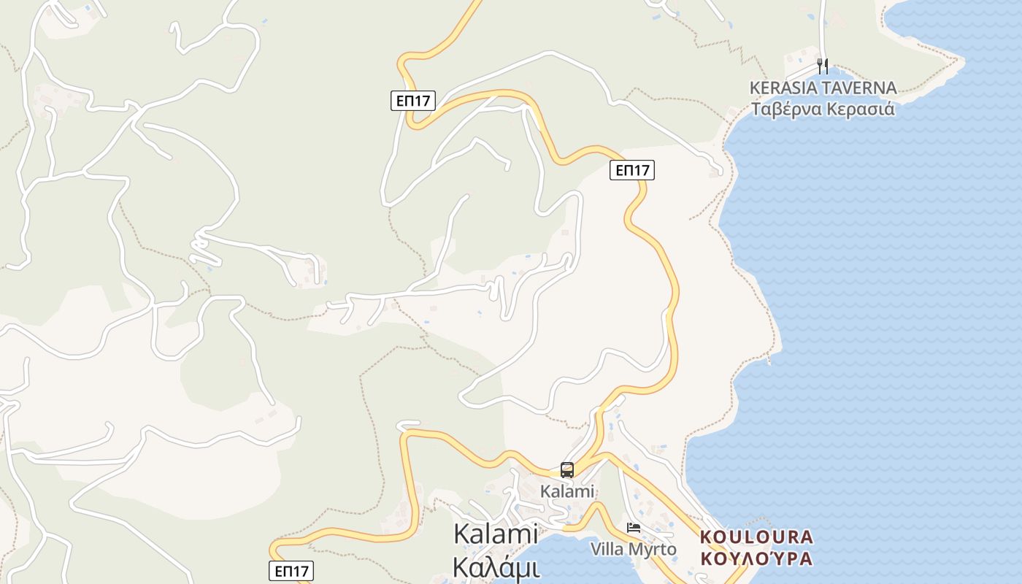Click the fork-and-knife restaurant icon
coord(823,66)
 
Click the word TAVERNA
coord(861,88)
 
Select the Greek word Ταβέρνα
coord(786,109)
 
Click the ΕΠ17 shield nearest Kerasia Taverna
coord(632,170)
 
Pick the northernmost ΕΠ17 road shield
coord(413,101)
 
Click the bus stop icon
coord(567,470)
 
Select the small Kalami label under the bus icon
coord(567,491)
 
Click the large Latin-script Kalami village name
coord(496,534)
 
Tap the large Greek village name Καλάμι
coord(496,567)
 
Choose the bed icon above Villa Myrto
coord(634,527)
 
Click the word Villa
coord(607,549)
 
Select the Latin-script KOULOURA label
coord(756,537)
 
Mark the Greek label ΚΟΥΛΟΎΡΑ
coord(756,559)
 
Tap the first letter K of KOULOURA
coord(706,537)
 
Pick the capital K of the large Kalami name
coord(461,534)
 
